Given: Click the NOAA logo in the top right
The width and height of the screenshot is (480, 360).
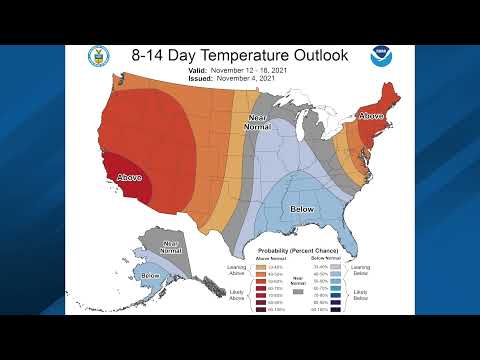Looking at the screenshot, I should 382,57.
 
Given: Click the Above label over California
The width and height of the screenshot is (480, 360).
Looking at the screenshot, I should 129,177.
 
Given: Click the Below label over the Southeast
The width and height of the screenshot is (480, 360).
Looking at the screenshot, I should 300,209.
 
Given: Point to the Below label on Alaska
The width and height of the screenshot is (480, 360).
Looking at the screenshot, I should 151,275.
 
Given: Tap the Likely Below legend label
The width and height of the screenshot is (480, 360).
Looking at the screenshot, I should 360,295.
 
